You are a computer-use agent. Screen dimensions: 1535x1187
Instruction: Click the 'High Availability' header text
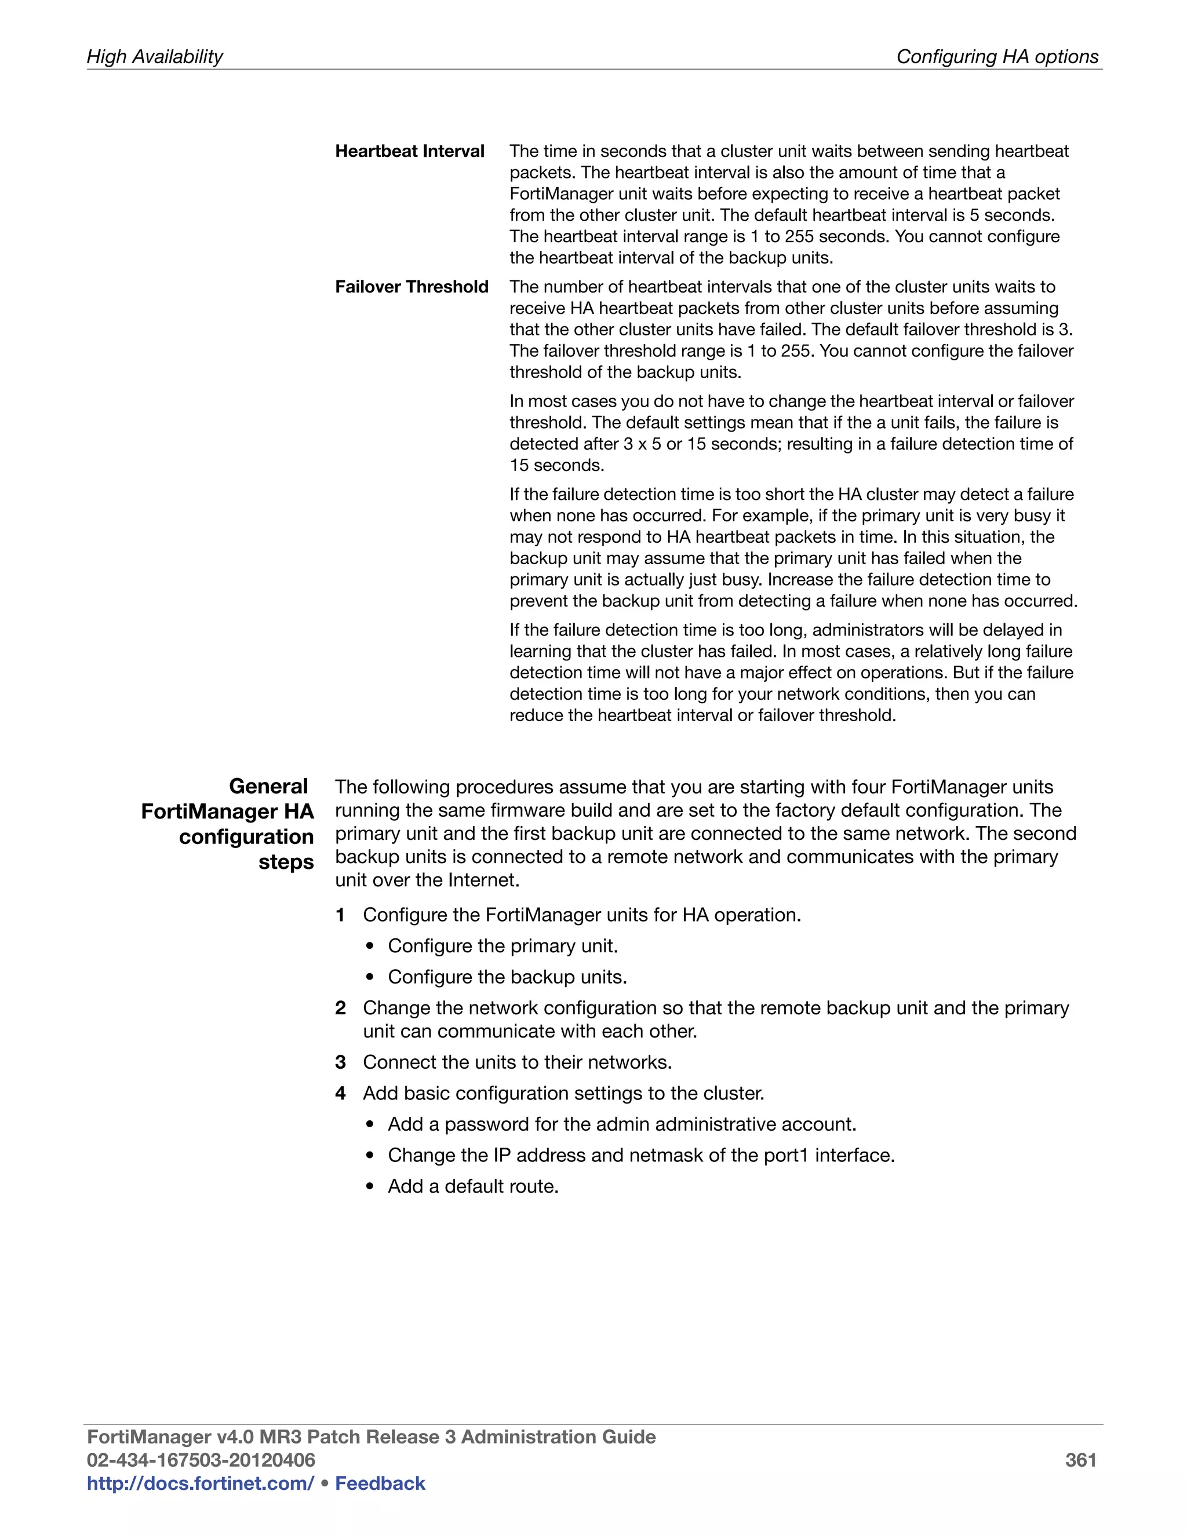pos(154,57)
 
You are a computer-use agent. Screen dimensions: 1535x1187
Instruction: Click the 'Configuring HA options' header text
pos(996,57)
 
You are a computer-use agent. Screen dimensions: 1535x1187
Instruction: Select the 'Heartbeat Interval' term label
pos(409,151)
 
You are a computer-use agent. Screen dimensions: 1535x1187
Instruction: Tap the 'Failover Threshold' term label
pos(412,287)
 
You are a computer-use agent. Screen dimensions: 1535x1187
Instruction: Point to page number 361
pos(1080,1460)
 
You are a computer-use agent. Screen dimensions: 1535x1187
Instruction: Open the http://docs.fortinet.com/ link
pos(200,1483)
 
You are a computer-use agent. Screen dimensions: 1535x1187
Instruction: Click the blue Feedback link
pos(380,1483)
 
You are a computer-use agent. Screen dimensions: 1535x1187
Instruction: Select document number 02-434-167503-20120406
pos(201,1460)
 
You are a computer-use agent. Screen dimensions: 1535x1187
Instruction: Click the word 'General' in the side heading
pos(268,786)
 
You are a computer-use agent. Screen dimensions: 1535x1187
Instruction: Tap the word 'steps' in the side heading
pos(286,862)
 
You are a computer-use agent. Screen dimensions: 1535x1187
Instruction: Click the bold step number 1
pos(340,915)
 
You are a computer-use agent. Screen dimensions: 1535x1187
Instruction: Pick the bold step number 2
pos(340,1008)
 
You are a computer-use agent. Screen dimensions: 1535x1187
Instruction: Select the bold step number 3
pos(340,1062)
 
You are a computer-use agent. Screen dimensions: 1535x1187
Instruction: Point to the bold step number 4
pos(340,1093)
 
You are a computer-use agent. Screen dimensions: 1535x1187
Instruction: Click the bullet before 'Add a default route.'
pos(370,1187)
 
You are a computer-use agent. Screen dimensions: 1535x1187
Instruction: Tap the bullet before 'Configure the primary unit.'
pos(370,946)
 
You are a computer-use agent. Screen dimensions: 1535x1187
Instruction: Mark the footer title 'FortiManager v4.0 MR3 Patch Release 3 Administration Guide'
pos(370,1437)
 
